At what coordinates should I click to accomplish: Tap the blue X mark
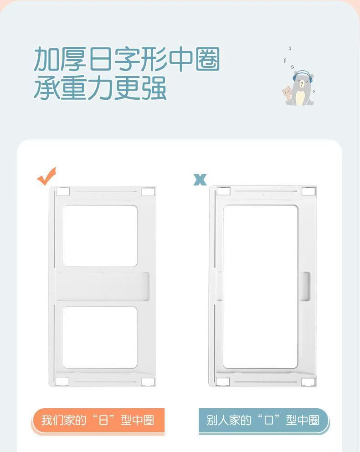tap(200, 180)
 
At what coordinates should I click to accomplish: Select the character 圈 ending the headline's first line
tap(208, 59)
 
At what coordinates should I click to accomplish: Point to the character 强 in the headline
tap(154, 88)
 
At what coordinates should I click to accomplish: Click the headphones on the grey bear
tap(302, 75)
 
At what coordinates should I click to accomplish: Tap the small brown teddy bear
tap(287, 94)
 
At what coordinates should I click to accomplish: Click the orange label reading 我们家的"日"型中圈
tap(98, 421)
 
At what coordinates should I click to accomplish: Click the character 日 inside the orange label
tap(103, 420)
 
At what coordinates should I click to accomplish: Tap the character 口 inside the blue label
tap(268, 420)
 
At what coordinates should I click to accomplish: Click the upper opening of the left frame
tap(100, 236)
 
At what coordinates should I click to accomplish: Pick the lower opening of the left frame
tap(100, 337)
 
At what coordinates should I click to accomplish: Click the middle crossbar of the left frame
tap(103, 286)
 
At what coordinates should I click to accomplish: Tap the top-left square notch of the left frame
tap(63, 192)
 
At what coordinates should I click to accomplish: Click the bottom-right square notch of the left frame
tap(148, 382)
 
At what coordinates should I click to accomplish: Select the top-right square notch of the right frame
tap(309, 191)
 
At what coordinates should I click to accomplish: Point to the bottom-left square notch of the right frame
tap(223, 382)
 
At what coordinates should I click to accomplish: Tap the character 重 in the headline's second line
tap(73, 88)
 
